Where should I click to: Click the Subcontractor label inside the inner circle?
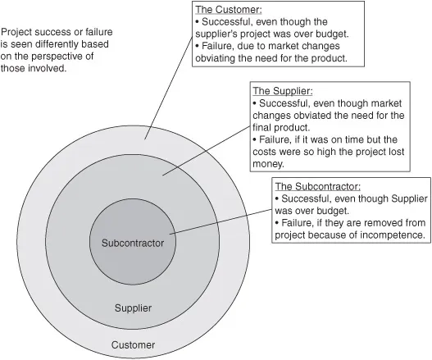click(133, 244)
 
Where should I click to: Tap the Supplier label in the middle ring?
click(133, 308)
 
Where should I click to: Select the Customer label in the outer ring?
click(133, 345)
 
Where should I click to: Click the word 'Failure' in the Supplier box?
click(275, 139)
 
